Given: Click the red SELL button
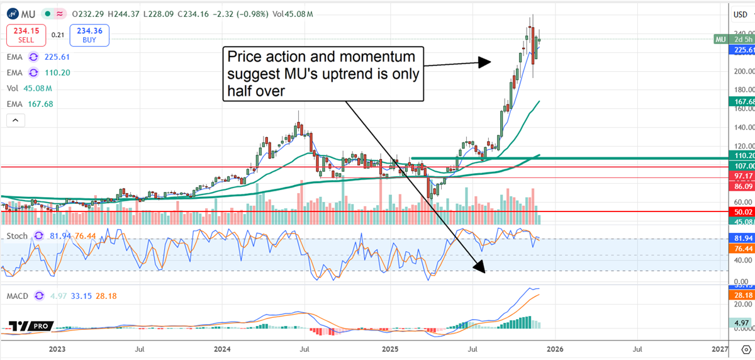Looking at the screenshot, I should coord(26,35).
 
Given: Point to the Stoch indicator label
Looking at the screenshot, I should coord(17,236).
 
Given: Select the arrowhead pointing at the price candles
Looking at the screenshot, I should coord(483,62).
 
